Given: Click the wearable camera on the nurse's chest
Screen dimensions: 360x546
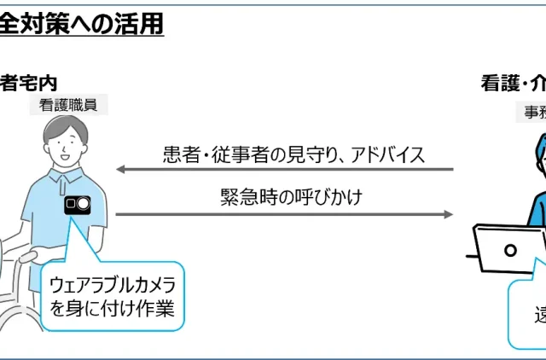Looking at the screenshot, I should (x=77, y=206).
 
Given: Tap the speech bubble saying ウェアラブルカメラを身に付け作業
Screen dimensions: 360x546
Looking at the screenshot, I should (x=111, y=294).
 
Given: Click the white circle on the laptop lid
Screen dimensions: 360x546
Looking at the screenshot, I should (x=511, y=250).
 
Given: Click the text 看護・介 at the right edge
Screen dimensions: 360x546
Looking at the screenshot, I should (x=513, y=84).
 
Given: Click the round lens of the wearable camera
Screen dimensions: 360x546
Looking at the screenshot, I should (x=83, y=206).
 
